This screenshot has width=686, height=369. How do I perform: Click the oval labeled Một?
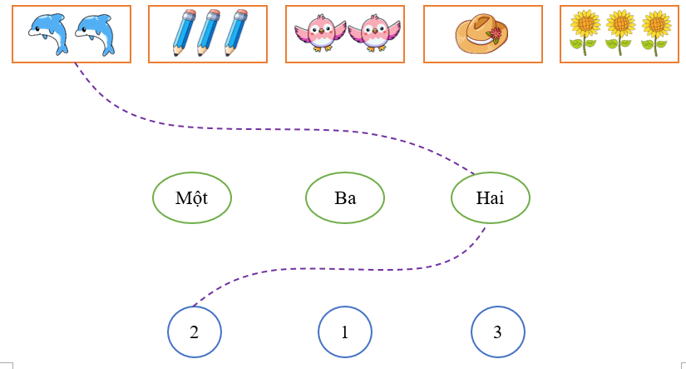point(191,198)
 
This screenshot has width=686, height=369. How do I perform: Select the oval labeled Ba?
point(345,198)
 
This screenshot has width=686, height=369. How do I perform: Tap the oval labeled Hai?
point(490,198)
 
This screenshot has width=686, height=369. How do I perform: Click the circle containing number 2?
point(194,332)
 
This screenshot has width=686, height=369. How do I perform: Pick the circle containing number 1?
point(344,332)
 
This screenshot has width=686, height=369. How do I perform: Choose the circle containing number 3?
point(497,332)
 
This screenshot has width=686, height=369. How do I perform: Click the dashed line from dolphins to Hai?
point(249,129)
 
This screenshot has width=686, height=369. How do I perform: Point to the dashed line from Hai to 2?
point(333,269)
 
